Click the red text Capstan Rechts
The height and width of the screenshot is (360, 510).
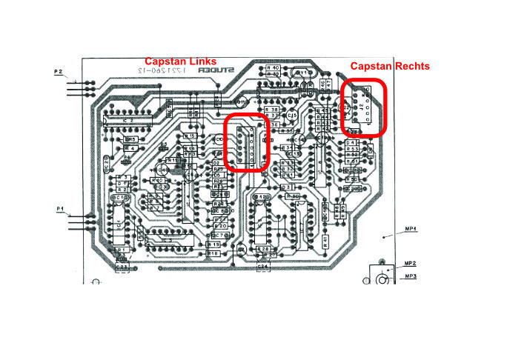coord(389,66)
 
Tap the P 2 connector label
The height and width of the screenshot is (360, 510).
coord(59,72)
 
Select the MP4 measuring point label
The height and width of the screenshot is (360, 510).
coord(411,230)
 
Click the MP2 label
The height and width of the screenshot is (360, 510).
coord(410,264)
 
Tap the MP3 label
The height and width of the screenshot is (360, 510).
coord(410,276)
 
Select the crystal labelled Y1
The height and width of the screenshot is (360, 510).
coord(301,73)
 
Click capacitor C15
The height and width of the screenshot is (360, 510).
coord(293,115)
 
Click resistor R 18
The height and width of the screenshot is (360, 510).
coord(213,253)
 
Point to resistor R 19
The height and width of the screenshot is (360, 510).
coord(213,244)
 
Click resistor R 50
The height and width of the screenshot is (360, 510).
coord(352,179)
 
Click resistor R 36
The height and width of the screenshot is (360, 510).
coord(273,125)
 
